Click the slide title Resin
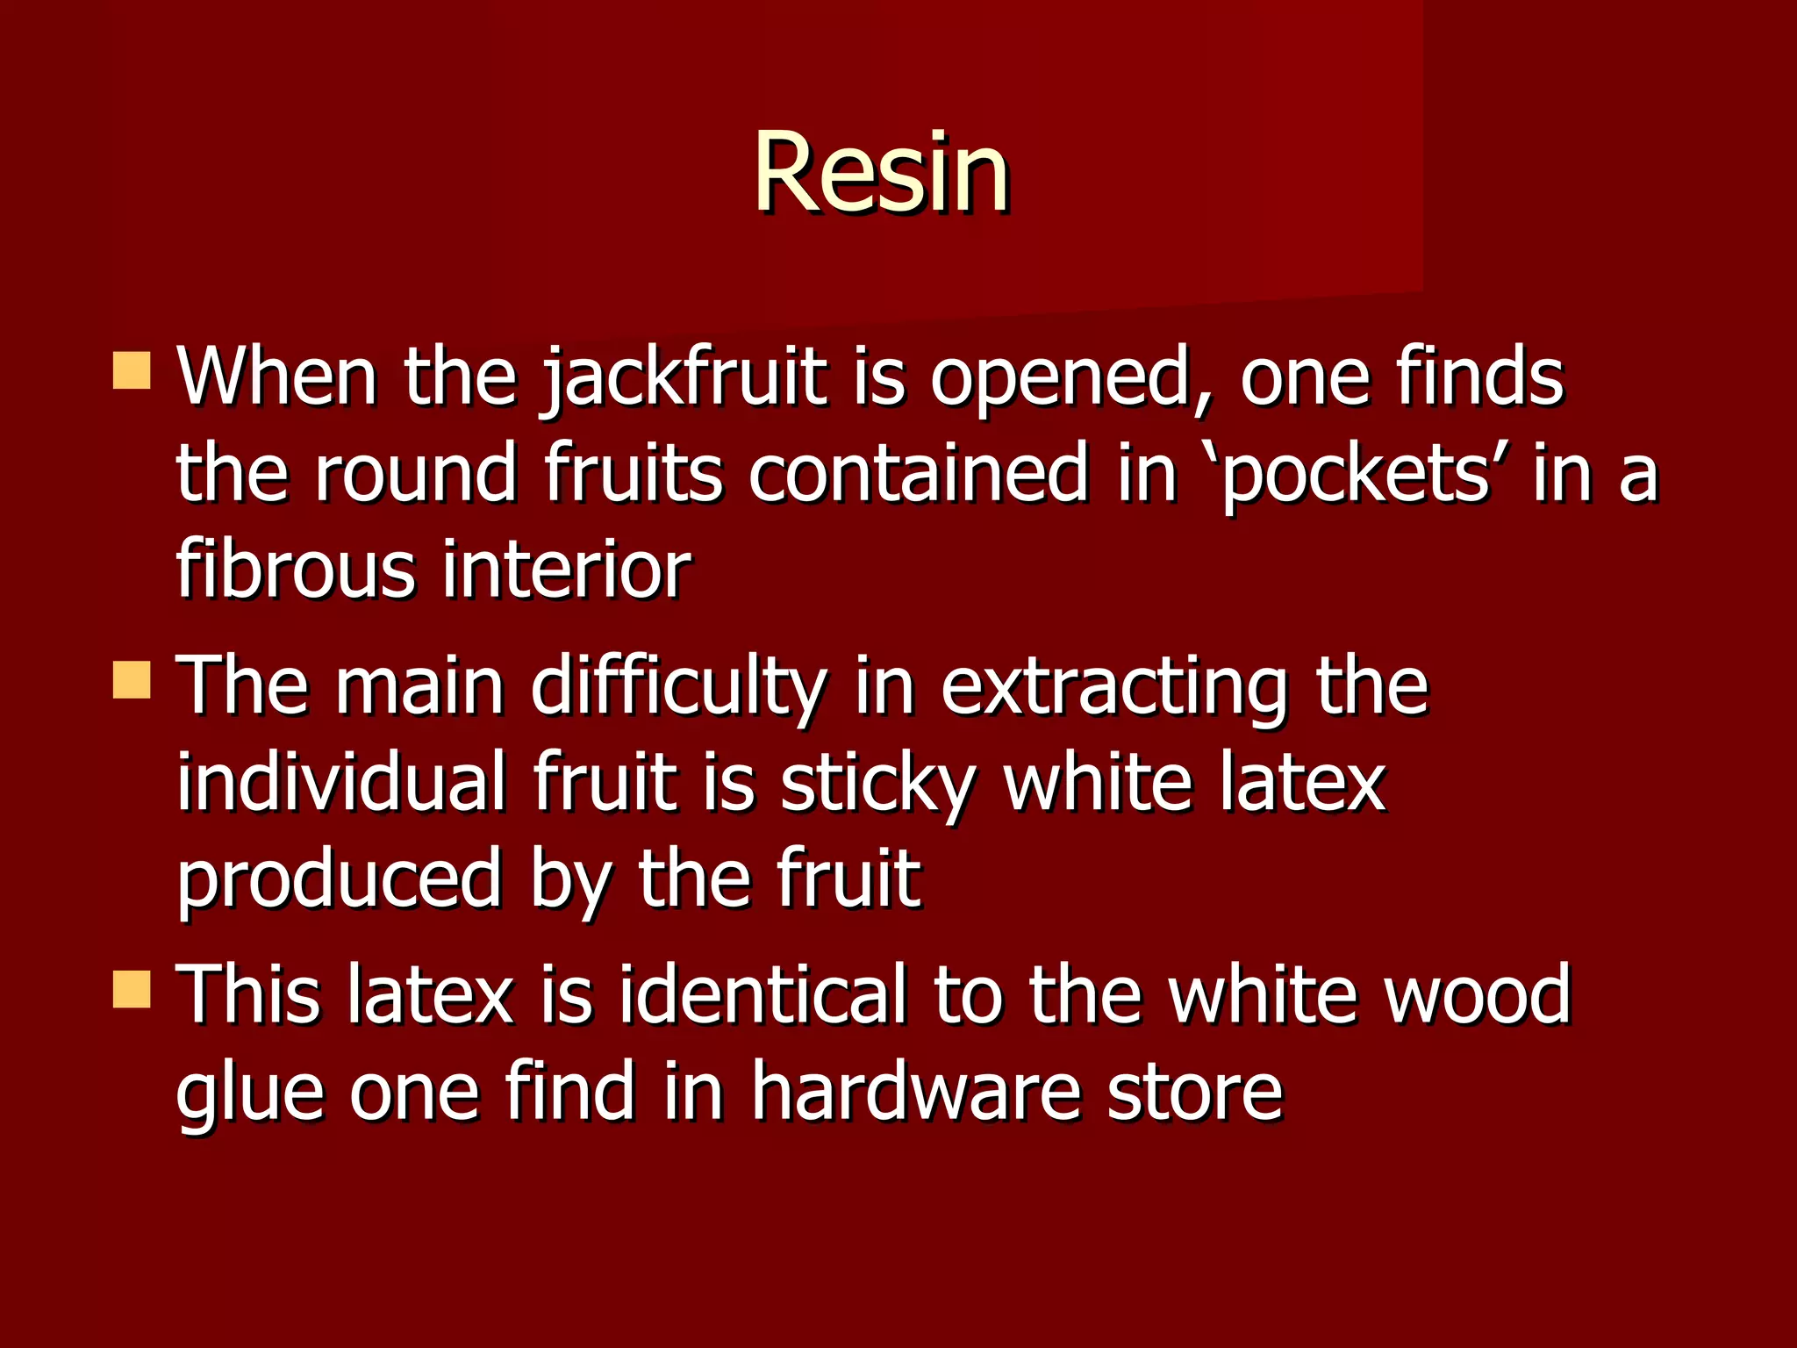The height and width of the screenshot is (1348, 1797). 881,172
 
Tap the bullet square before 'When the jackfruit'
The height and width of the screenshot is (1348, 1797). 132,370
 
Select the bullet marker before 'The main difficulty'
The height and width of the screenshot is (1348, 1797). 132,680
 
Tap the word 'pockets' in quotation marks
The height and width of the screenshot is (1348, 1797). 1357,475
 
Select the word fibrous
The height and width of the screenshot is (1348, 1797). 295,570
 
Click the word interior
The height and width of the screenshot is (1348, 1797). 566,570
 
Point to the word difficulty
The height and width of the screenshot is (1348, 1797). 678,687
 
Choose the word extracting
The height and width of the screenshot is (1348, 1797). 1113,687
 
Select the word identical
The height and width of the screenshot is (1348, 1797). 762,995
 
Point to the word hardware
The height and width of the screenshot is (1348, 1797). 916,1092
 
